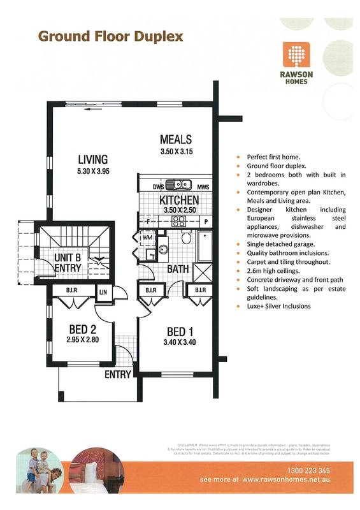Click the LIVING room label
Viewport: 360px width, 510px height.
(x=93, y=159)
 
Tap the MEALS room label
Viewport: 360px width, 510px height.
(x=176, y=140)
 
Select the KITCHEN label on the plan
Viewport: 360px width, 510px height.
(x=175, y=200)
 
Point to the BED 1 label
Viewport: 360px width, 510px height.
(x=180, y=331)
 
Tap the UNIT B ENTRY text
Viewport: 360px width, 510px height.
(x=67, y=261)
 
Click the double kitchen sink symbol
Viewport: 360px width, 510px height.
(x=179, y=186)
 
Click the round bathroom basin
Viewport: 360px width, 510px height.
(x=163, y=249)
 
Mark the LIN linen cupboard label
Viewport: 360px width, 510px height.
(x=103, y=292)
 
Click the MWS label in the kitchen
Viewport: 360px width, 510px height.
(x=203, y=186)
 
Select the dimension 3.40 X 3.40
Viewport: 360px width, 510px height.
(x=180, y=342)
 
